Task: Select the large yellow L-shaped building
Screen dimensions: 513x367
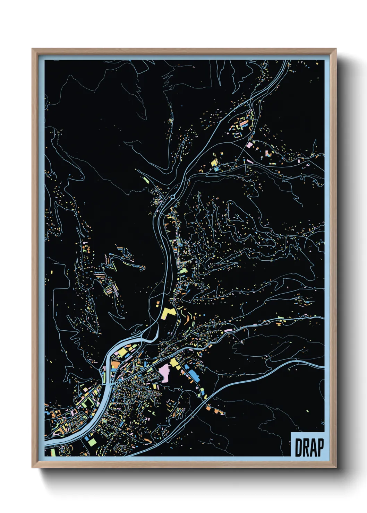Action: coord(168,313)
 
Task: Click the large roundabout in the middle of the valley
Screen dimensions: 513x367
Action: coord(172,198)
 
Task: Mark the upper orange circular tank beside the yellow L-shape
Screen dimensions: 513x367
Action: coord(158,303)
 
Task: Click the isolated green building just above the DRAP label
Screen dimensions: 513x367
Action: coord(307,411)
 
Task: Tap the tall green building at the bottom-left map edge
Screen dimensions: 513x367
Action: coord(53,452)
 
